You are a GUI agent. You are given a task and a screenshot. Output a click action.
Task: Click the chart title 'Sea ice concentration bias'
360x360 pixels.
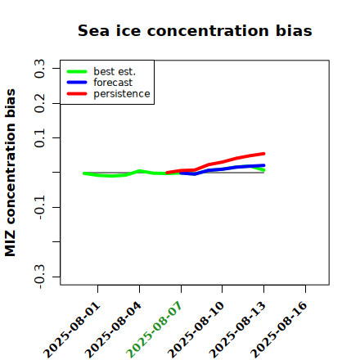coord(195,30)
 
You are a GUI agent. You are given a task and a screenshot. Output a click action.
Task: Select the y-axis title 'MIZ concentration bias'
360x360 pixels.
coord(11,173)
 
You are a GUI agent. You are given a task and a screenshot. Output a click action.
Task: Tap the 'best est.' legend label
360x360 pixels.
coord(115,71)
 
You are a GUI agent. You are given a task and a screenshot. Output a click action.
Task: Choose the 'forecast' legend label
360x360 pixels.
coord(113,83)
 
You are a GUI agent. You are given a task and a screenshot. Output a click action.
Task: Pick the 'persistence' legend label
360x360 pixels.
coord(122,94)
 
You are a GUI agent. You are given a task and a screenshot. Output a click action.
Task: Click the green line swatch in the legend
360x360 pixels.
coord(77,71)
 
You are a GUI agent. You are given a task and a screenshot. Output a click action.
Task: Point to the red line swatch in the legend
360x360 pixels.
coord(77,94)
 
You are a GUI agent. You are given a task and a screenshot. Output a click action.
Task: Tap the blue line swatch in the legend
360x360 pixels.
coord(77,83)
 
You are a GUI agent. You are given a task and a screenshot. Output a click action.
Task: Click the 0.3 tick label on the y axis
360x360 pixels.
coord(39,69)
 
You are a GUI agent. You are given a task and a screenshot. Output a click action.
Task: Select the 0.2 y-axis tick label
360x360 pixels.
coord(39,103)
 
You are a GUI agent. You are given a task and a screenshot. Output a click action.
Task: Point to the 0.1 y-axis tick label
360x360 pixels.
coord(39,138)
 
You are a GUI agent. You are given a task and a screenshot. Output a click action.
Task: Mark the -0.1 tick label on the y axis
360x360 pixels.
coord(39,207)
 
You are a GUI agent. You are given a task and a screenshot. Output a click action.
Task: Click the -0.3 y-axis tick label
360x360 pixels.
coord(39,277)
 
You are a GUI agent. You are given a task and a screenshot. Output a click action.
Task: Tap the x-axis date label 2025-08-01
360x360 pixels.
coord(72,330)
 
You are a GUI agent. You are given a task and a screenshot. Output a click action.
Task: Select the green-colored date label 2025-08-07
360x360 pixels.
coord(154,330)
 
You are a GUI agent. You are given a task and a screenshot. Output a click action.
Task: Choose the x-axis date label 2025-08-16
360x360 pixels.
coord(279,330)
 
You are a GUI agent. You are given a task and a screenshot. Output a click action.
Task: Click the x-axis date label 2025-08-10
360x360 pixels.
coord(196,330)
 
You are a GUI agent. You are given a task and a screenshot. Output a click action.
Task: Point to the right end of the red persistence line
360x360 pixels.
coord(264,154)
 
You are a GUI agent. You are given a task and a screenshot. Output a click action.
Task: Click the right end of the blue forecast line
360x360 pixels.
coord(264,165)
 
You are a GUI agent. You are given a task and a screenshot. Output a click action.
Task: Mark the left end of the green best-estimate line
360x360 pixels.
coord(83,173)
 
